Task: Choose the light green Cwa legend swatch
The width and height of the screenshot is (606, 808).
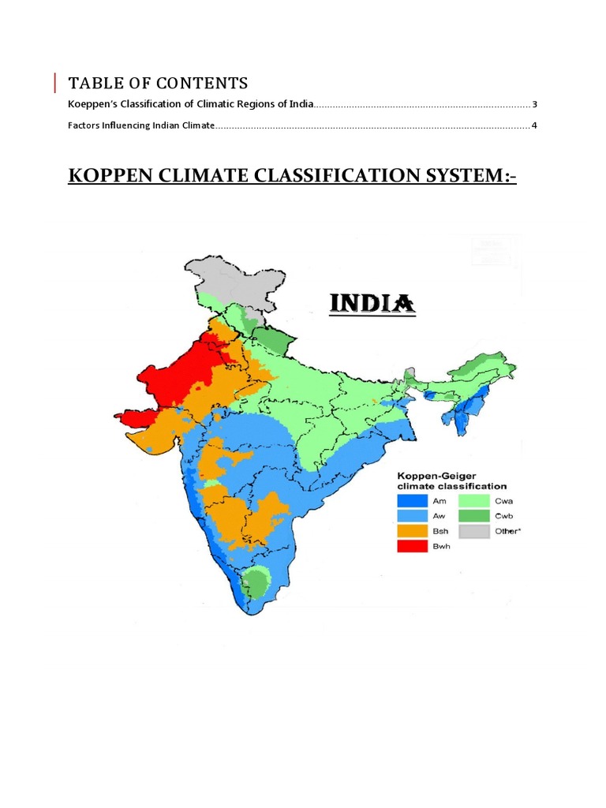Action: [472, 500]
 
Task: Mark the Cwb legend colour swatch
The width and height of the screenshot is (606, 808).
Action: [472, 515]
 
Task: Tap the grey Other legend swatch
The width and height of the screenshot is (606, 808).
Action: [472, 531]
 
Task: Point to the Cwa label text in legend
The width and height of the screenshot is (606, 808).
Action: [504, 500]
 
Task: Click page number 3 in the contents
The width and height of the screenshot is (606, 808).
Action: [534, 104]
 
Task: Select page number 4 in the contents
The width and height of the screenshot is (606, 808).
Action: [534, 125]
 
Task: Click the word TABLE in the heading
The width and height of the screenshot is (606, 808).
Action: [93, 83]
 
